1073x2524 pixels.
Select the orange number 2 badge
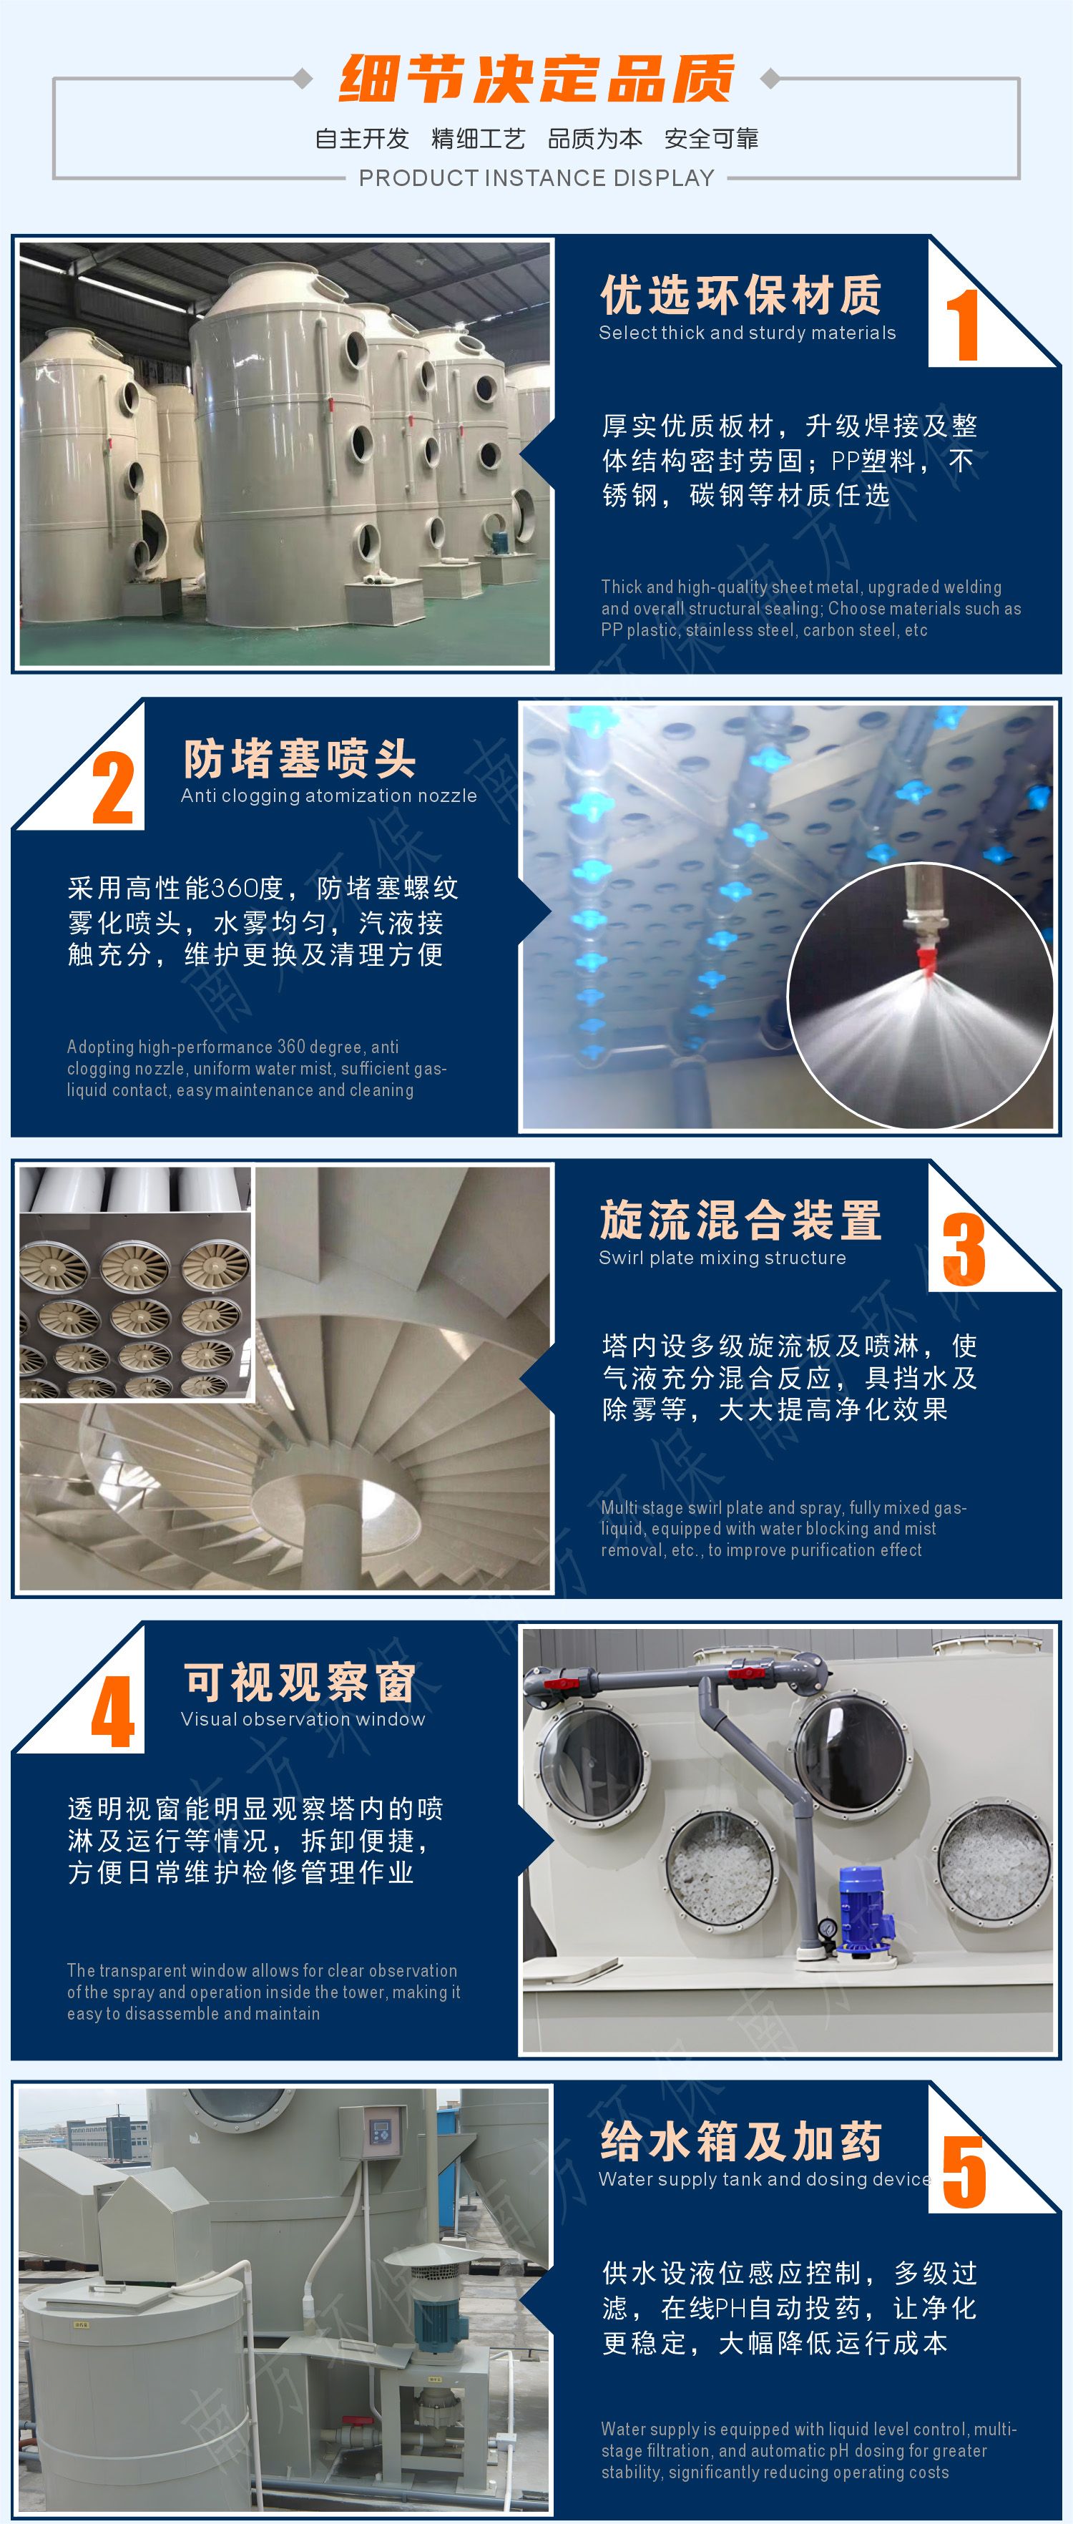pyautogui.click(x=113, y=788)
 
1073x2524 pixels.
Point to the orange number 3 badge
pyautogui.click(x=964, y=1249)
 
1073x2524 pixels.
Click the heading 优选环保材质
pyautogui.click(x=741, y=295)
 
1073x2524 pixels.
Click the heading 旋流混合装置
pyautogui.click(x=741, y=1220)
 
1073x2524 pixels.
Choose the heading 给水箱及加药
pyautogui.click(x=741, y=2143)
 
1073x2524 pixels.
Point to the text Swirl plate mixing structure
pyautogui.click(x=722, y=1258)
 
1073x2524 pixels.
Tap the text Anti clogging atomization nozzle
pyautogui.click(x=328, y=796)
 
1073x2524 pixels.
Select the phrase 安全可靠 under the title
pyautogui.click(x=712, y=139)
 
